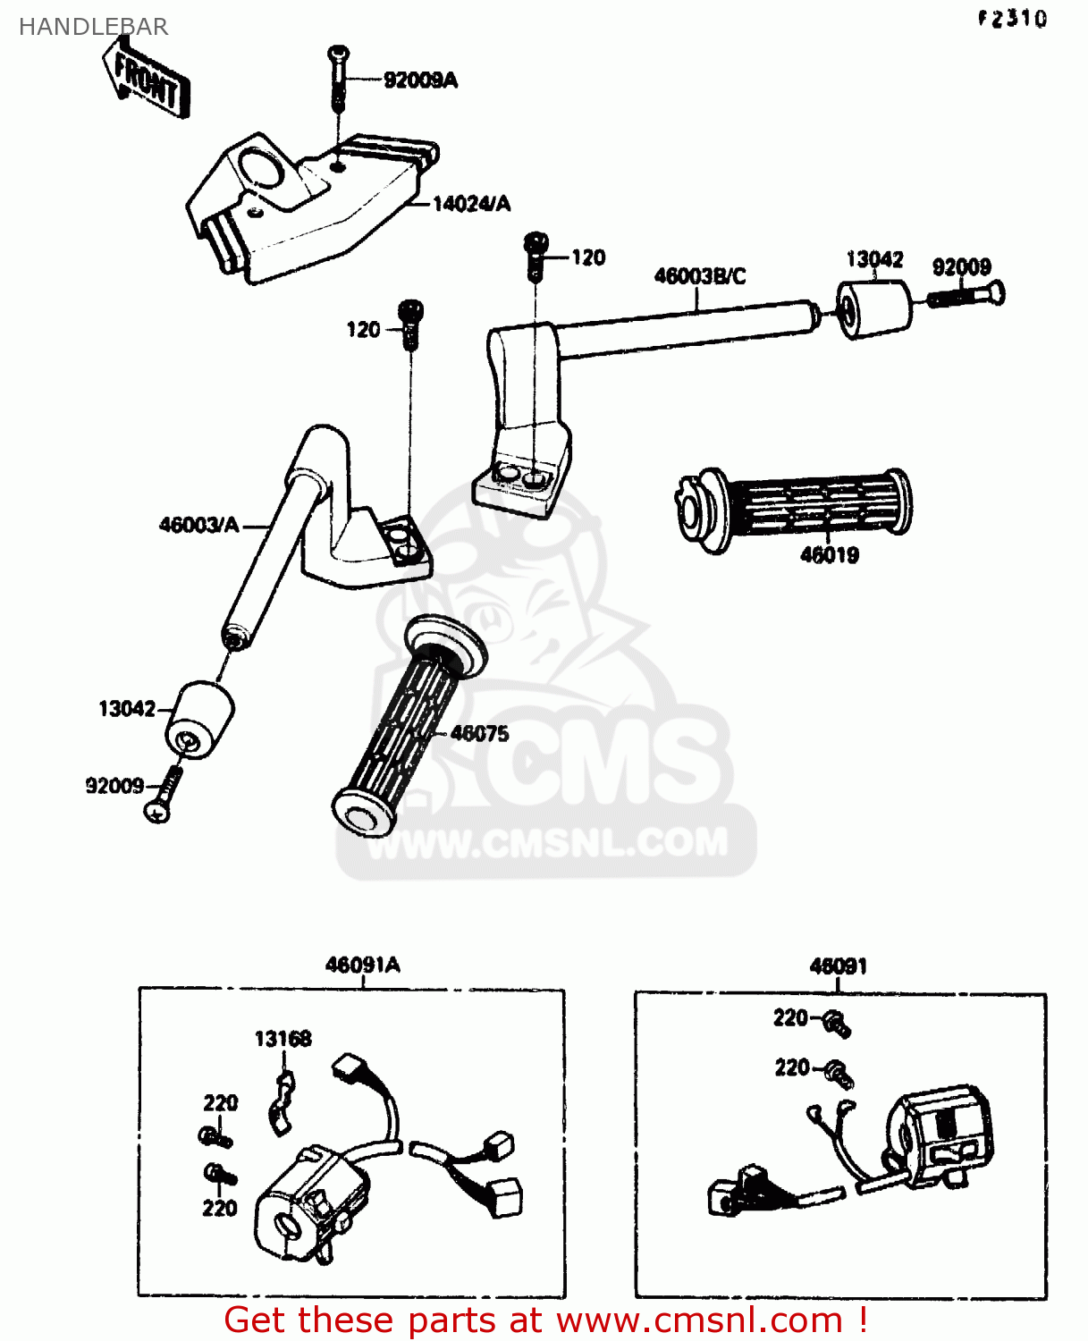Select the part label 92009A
click(x=420, y=80)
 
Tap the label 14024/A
click(x=471, y=204)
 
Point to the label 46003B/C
click(x=699, y=276)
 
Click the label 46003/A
click(x=198, y=525)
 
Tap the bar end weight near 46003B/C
click(x=873, y=309)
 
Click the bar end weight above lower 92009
click(x=198, y=721)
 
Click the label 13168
click(x=283, y=1039)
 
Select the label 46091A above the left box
click(x=362, y=966)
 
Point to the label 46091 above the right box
click(x=838, y=966)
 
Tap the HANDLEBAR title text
click(x=93, y=27)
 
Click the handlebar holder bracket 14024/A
click(x=295, y=206)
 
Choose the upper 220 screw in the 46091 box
click(x=837, y=1023)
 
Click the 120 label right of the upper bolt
click(x=588, y=257)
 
